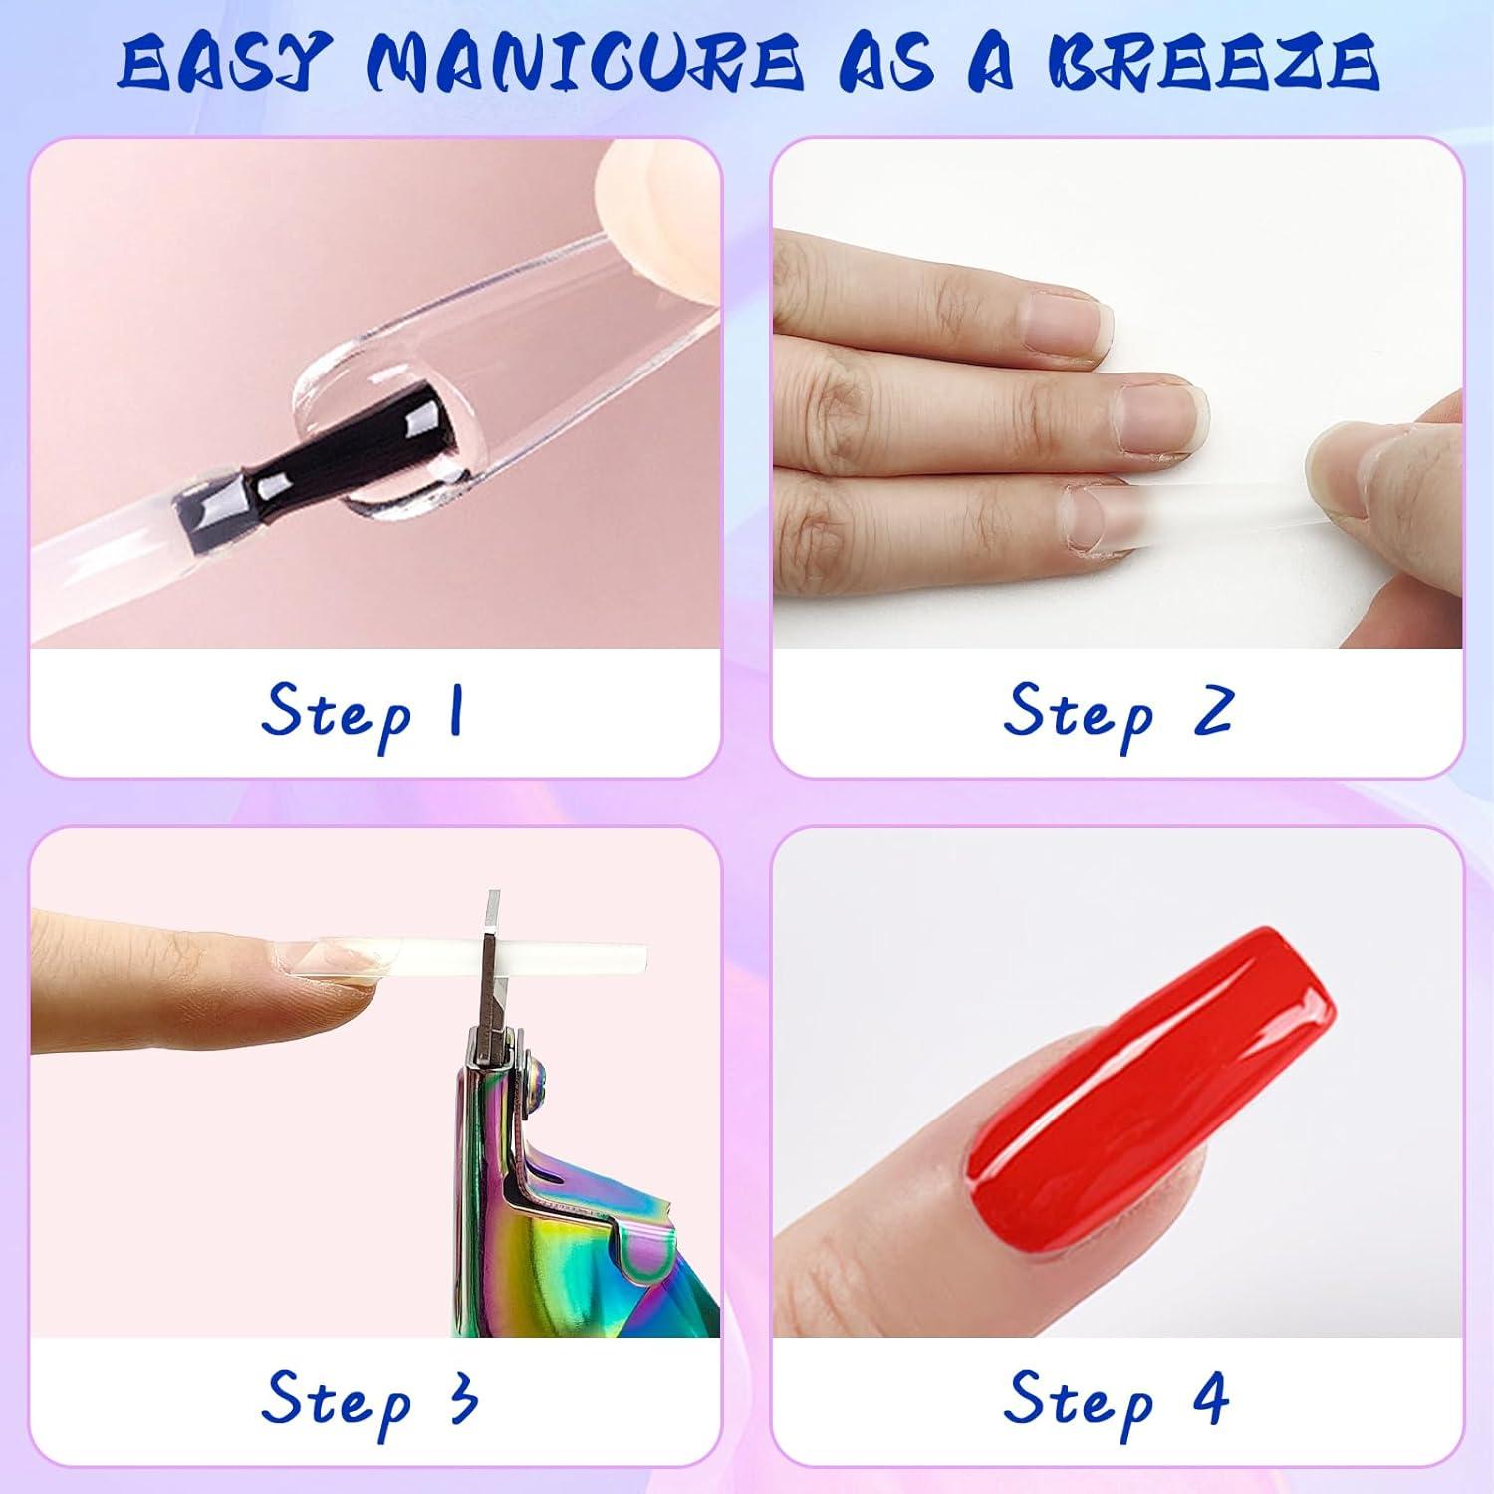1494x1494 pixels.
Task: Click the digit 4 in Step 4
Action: [1209, 1397]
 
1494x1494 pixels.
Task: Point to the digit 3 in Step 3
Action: [461, 1397]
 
